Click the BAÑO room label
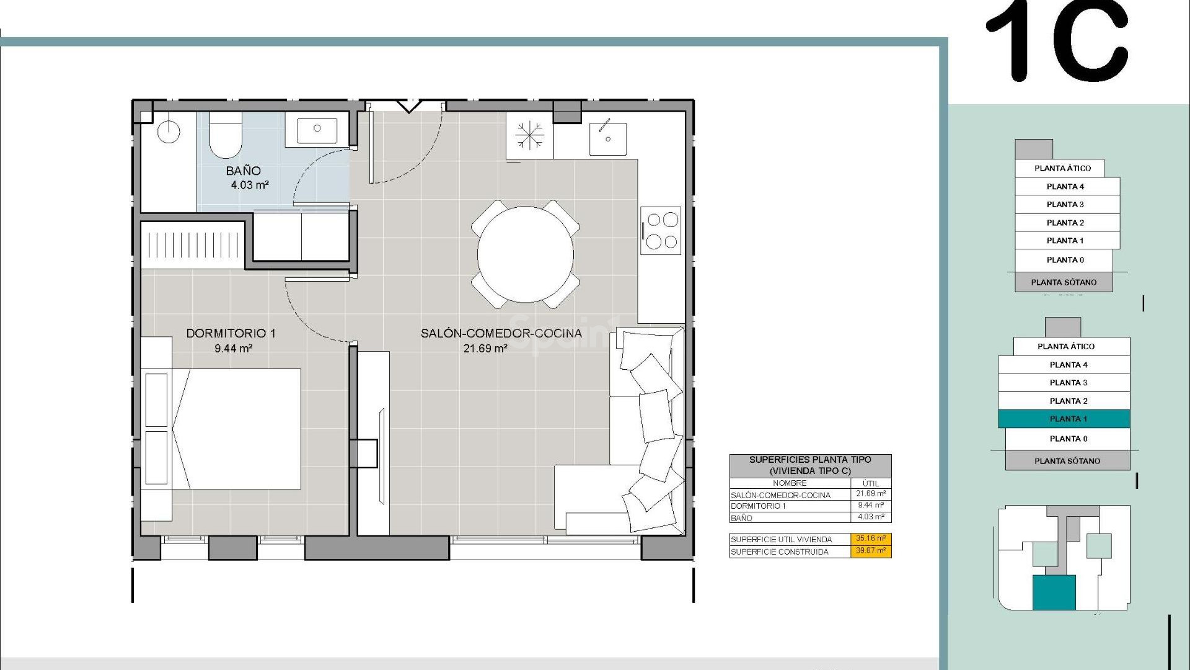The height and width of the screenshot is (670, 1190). coord(243,171)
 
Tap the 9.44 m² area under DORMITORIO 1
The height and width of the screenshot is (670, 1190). coord(233,349)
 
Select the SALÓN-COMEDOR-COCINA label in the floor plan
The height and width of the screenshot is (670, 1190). coord(501,333)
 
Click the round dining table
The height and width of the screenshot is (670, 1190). coord(525,254)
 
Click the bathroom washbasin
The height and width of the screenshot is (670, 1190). coord(317,130)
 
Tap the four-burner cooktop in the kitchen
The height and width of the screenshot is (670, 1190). coord(661,230)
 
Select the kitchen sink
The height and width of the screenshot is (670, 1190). coord(607,137)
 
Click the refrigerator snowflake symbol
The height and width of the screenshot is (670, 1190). coord(529,136)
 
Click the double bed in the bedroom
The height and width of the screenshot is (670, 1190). coord(239,429)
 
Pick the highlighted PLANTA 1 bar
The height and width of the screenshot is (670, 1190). coord(1064,419)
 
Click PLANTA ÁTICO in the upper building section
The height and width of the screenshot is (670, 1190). coord(1062,168)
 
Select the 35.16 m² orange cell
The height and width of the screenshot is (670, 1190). coord(870,538)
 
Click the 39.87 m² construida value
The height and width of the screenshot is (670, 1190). coord(870,551)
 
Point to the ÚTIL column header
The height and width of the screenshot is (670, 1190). coord(870,483)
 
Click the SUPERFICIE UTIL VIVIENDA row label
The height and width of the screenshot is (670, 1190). coord(781,539)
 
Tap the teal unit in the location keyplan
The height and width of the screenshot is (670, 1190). coord(1054,592)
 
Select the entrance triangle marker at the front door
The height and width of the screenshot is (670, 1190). coord(408,106)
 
